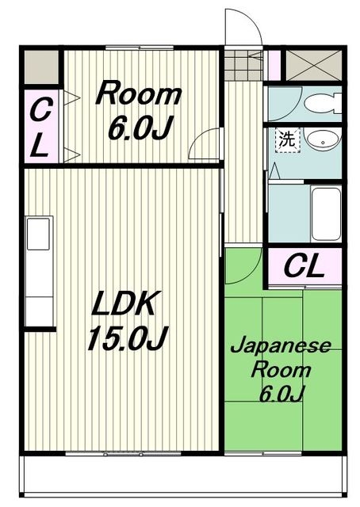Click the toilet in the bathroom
tap(323, 104)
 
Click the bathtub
tap(326, 213)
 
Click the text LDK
tap(124, 303)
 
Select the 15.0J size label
tap(128, 338)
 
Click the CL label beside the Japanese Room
tap(304, 267)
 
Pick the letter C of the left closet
tap(40, 110)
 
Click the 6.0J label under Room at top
tap(140, 128)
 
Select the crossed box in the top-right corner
tap(313, 65)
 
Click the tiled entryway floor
tap(243, 65)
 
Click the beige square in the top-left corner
tap(42, 67)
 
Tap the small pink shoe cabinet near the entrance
tap(274, 65)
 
